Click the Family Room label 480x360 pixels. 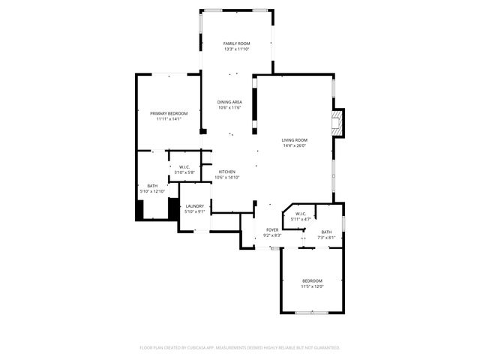click(236, 44)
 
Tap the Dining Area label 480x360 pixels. click(229, 102)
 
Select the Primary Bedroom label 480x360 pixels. click(169, 113)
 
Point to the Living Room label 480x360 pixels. click(295, 140)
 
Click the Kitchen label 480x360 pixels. click(227, 172)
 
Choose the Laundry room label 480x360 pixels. click(195, 206)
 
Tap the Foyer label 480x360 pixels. click(272, 230)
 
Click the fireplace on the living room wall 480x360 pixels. click(339, 124)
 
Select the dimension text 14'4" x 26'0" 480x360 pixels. click(295, 146)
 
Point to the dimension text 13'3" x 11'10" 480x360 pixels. click(236, 50)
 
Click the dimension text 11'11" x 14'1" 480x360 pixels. click(169, 119)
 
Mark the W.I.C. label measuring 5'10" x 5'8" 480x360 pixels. click(185, 167)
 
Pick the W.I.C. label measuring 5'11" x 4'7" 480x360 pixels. click(300, 214)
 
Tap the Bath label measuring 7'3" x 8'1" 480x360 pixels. click(326, 232)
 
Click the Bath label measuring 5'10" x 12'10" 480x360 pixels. click(152, 186)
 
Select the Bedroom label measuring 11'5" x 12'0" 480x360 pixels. click(313, 281)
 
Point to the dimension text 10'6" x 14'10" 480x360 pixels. click(227, 178)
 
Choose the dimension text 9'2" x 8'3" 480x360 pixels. click(272, 235)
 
